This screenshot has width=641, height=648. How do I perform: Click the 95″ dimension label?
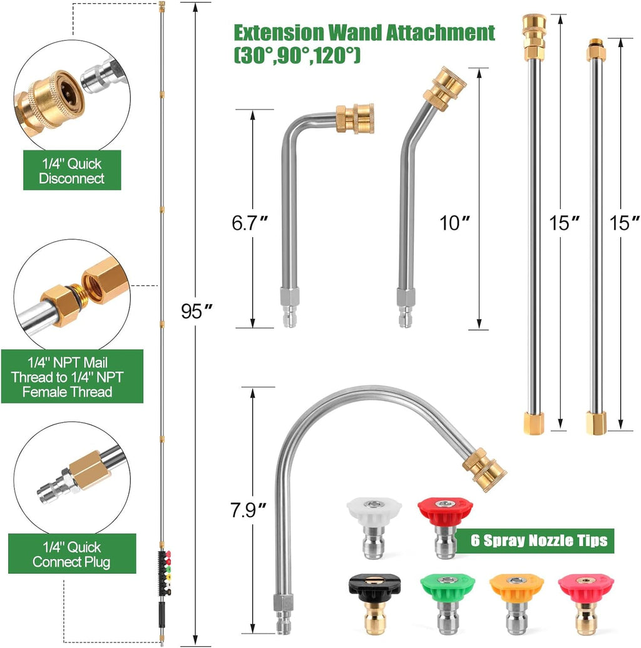click(195, 311)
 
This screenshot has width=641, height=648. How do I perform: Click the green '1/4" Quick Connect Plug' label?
click(71, 554)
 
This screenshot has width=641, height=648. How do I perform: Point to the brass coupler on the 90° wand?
click(354, 118)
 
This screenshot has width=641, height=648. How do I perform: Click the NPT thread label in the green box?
click(71, 377)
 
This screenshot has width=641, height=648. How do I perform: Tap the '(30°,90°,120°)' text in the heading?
click(297, 56)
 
